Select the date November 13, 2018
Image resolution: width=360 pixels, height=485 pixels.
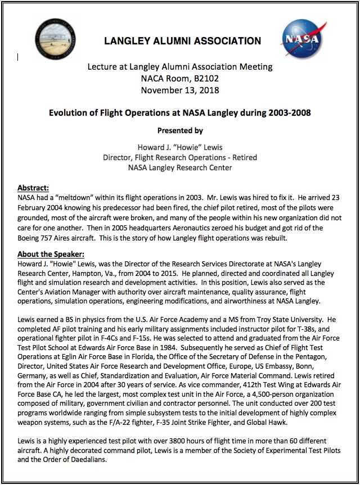tap(180, 90)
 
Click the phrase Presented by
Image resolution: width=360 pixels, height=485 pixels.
tap(180, 130)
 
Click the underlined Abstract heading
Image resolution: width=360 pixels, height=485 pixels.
tap(33, 187)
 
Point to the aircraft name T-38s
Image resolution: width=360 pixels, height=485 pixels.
tap(331, 329)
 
